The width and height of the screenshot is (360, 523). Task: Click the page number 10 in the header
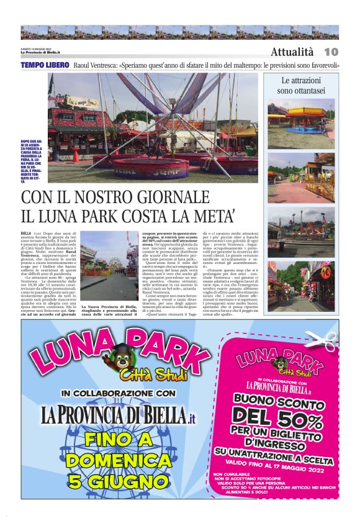point(331,51)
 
